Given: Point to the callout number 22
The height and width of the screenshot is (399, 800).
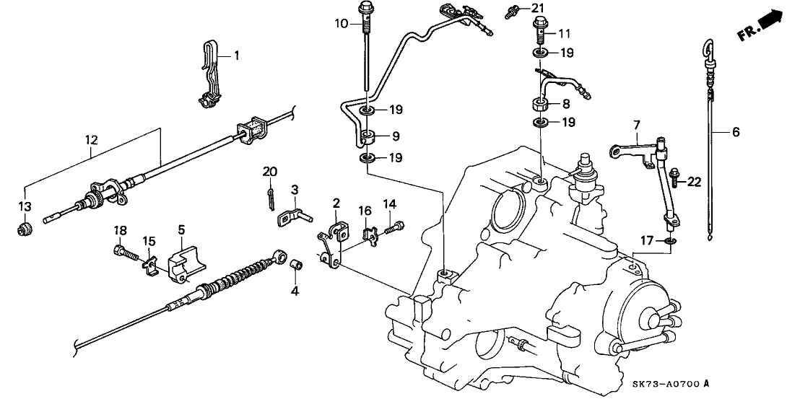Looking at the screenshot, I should click(x=694, y=183).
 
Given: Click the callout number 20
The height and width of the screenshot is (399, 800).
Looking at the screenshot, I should click(x=270, y=171).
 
